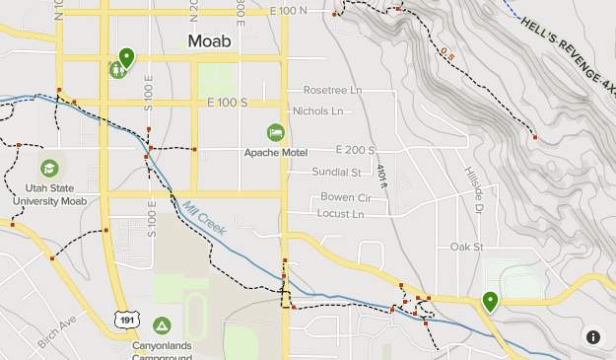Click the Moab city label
[x=210, y=41]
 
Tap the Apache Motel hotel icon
[x=276, y=132]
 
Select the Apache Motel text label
[x=276, y=153]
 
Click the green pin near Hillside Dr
[x=489, y=301]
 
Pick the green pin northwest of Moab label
[x=126, y=57]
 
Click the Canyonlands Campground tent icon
[x=162, y=324]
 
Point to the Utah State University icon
[x=49, y=169]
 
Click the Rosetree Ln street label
[x=332, y=90]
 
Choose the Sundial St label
[x=337, y=172]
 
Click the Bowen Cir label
[x=345, y=197]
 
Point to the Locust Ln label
[x=340, y=213]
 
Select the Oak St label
[x=465, y=247]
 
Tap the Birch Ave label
[x=57, y=324]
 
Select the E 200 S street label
[x=355, y=150]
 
